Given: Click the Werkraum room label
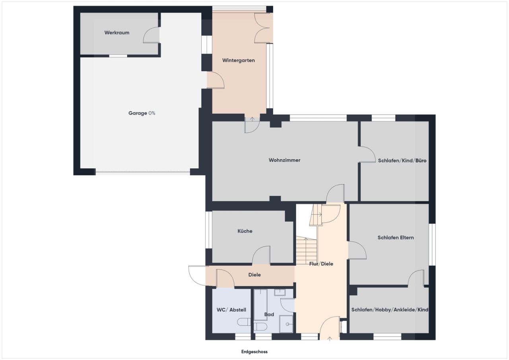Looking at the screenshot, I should tap(117, 33).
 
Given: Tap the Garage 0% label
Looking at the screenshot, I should tap(142, 113).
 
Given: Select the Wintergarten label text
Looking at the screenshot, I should tap(238, 60).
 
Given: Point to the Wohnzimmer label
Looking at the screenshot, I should tap(284, 160).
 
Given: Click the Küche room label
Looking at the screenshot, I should tap(245, 231).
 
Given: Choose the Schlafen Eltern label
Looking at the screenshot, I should tap(396, 237).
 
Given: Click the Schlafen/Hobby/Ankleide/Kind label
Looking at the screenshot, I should tap(390, 309).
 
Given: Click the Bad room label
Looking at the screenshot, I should tap(269, 315).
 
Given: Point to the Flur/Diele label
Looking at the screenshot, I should tap(321, 264).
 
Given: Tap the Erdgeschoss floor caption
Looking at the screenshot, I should tap(254, 352).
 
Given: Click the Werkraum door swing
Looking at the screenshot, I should tap(152, 35).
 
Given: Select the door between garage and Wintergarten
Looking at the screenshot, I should tap(215, 81).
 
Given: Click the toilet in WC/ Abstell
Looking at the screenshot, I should tap(243, 322).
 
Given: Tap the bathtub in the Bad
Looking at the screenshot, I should tap(260, 304).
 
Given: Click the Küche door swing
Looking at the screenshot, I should tap(261, 255).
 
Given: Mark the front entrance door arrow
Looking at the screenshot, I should tap(330, 339).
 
